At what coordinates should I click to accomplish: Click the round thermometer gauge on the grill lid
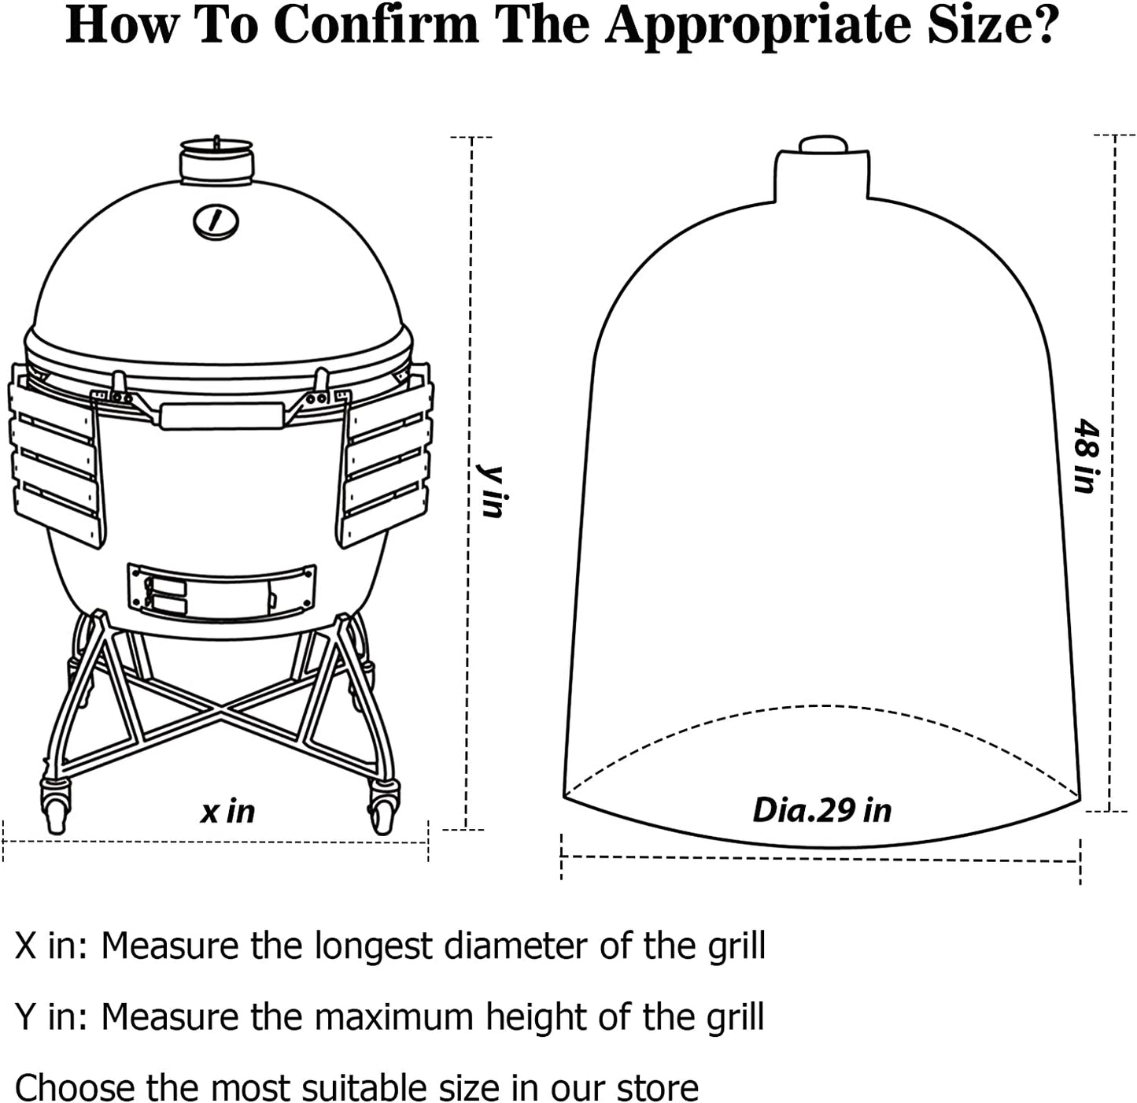point(216,221)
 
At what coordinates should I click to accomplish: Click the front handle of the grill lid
point(222,416)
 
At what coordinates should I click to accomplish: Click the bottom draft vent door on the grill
point(222,591)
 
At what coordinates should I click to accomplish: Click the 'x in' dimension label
point(227,812)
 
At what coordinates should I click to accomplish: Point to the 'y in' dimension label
point(491,491)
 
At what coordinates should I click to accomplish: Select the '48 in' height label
point(1087,455)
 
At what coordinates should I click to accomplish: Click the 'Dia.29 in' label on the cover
point(822,810)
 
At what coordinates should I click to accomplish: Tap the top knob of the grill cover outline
point(823,146)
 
